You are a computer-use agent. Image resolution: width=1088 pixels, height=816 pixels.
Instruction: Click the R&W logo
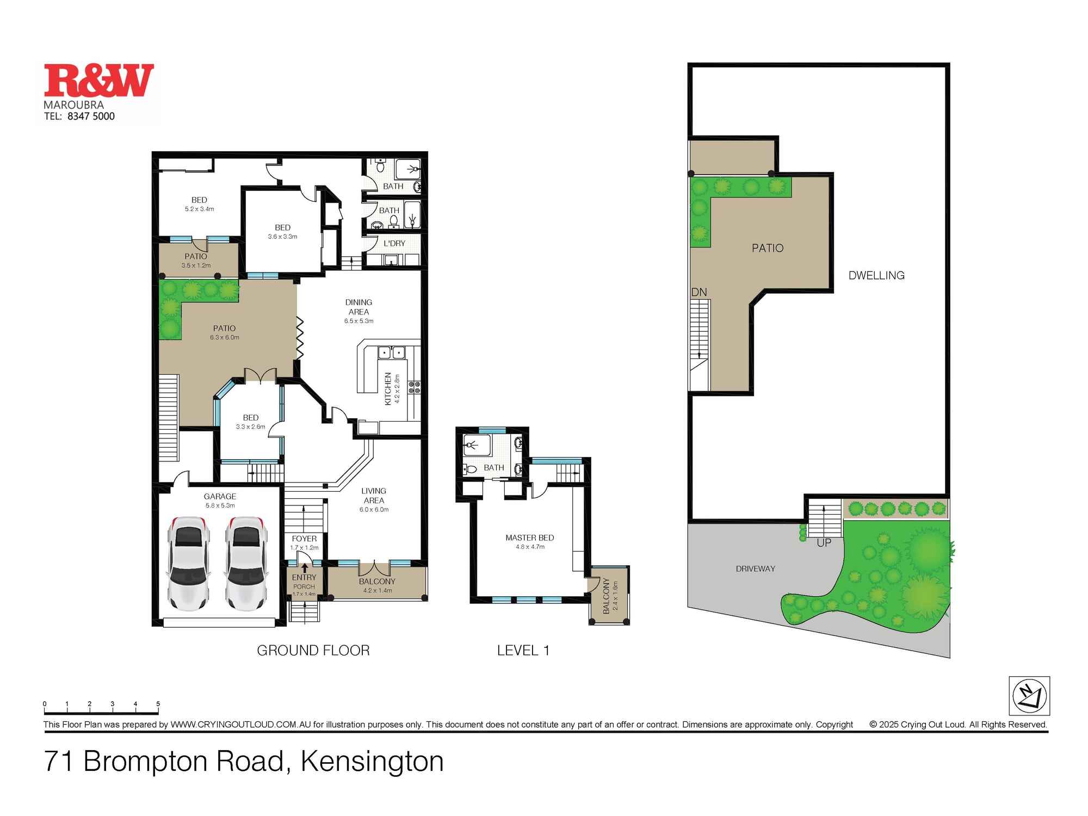click(98, 81)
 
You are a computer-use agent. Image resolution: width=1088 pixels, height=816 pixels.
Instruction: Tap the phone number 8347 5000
click(91, 116)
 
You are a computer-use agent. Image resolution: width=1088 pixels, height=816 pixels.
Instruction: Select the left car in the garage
click(188, 563)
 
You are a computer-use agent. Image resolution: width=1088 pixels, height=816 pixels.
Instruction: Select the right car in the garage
click(246, 563)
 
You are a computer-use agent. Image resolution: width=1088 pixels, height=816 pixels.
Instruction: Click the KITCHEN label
click(388, 388)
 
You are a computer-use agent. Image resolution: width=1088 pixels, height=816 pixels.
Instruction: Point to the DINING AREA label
click(358, 307)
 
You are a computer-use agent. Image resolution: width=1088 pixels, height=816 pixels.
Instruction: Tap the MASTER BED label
click(529, 537)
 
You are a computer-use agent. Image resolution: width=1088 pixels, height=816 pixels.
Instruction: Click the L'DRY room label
click(394, 243)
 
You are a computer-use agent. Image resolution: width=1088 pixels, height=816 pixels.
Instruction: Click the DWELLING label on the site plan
click(876, 275)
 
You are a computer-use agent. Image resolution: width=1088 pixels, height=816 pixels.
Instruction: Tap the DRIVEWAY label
click(755, 568)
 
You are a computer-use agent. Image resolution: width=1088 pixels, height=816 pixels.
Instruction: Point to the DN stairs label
click(699, 292)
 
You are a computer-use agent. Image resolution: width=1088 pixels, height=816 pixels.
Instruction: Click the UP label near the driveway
click(824, 542)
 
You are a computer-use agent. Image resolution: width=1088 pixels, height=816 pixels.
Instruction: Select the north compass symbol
click(1029, 696)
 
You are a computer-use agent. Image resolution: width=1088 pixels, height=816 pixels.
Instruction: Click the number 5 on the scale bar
click(158, 704)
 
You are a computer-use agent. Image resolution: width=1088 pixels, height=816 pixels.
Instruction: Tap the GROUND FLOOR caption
click(313, 650)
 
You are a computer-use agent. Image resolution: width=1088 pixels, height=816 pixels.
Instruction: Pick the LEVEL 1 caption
click(523, 650)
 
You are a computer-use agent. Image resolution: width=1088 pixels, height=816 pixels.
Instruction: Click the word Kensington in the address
click(372, 761)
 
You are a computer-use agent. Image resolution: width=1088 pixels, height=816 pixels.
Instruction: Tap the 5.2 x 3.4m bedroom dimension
click(199, 209)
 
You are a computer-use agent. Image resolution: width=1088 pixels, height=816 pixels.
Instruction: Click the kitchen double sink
click(392, 353)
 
